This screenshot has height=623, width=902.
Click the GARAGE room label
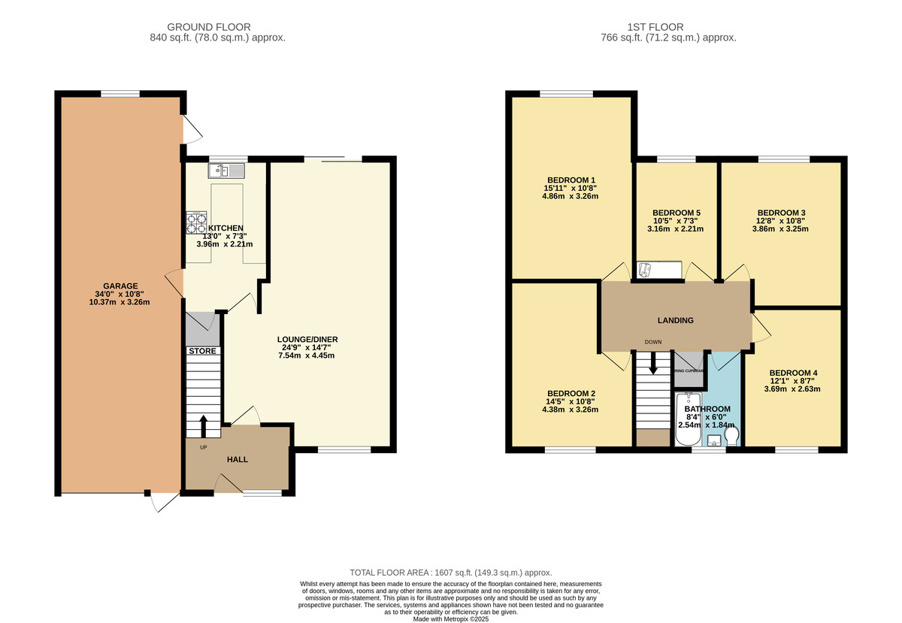[x=120, y=286]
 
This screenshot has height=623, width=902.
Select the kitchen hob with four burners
[x=197, y=223]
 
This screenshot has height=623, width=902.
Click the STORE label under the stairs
[x=202, y=351]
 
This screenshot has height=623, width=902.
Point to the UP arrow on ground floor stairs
[x=202, y=426]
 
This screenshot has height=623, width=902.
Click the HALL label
[x=238, y=459]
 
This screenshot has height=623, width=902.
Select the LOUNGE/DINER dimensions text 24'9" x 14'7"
[x=308, y=348]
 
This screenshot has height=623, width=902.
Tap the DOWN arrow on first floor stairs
[x=652, y=364]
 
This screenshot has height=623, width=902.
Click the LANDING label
[x=675, y=320]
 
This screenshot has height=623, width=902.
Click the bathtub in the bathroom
[x=688, y=419]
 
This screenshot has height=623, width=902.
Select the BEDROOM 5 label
[x=676, y=213]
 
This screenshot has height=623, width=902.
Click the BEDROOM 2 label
[x=571, y=393]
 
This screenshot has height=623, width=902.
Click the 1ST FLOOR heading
[x=668, y=27]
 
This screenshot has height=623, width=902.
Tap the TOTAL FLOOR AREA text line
[x=451, y=573]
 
